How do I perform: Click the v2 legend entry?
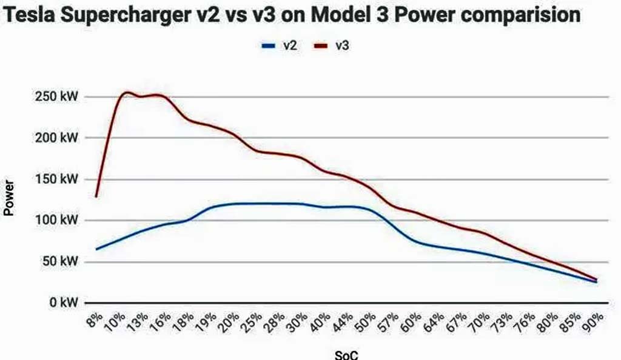[x=279, y=45]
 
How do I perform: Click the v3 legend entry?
[x=331, y=45]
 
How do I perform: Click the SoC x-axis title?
[x=346, y=355]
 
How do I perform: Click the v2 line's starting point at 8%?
[x=96, y=249]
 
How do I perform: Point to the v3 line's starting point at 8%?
[x=96, y=196]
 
